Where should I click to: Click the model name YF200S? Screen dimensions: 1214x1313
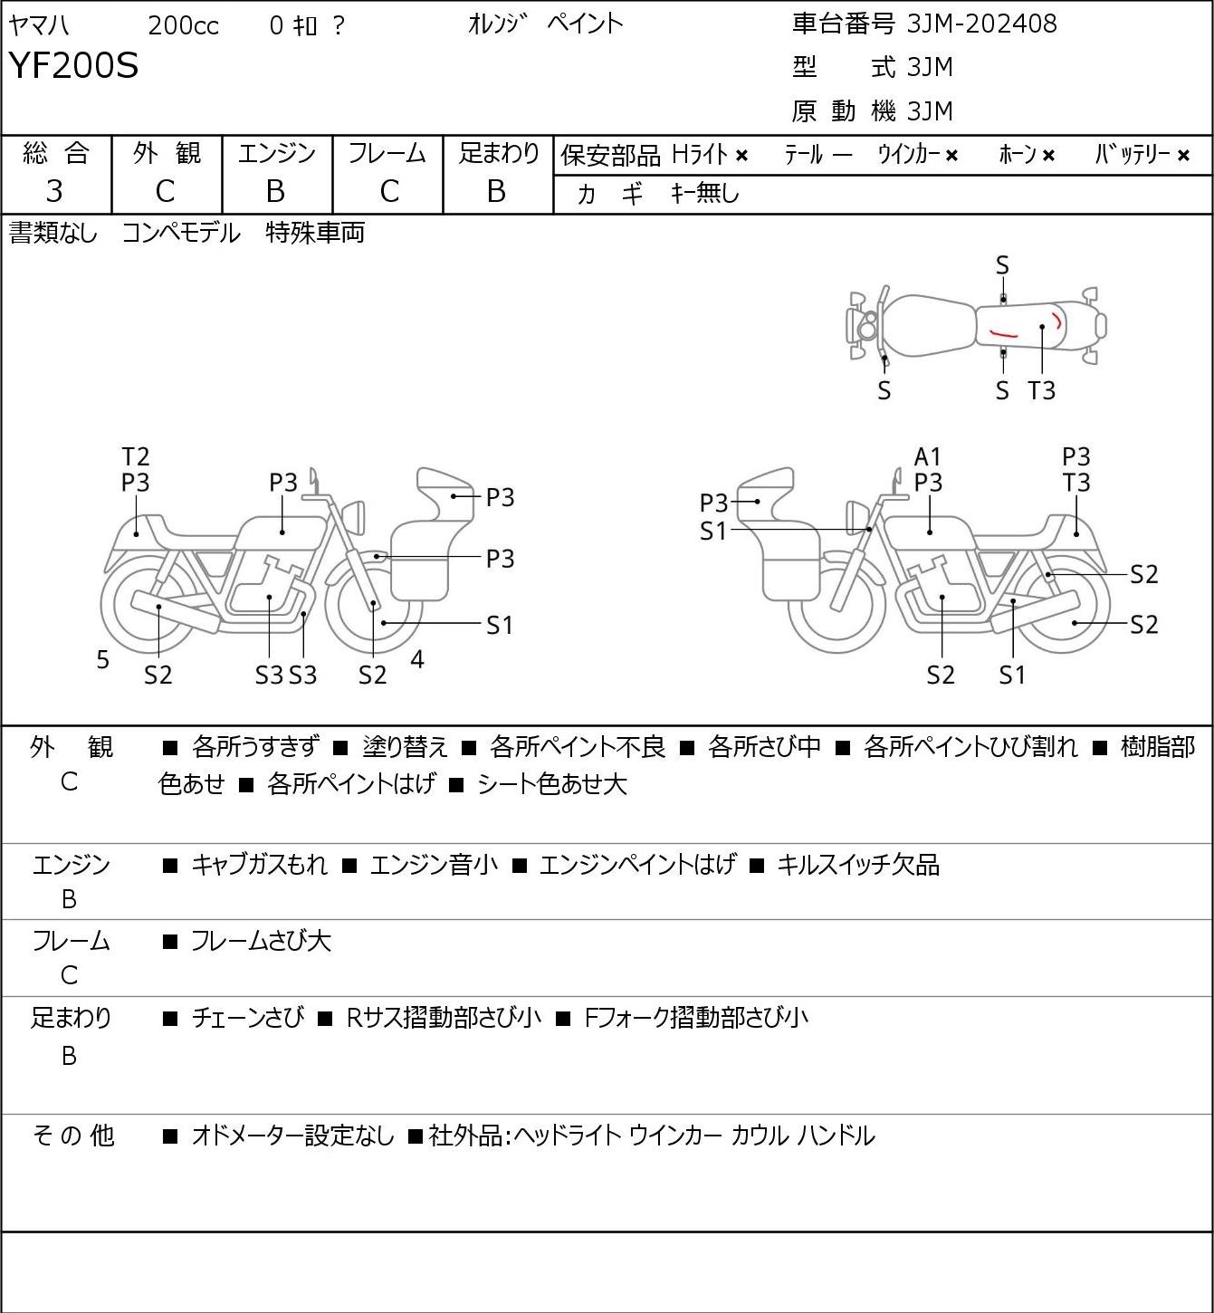pyautogui.click(x=73, y=65)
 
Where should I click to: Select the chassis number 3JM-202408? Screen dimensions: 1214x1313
pyautogui.click(x=981, y=24)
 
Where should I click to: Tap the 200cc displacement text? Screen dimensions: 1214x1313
pyautogui.click(x=183, y=25)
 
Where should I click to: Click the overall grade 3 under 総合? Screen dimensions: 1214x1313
pyautogui.click(x=54, y=192)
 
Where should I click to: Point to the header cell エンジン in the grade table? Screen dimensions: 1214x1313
pyautogui.click(x=276, y=153)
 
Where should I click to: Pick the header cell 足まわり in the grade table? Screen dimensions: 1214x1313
pyautogui.click(x=499, y=153)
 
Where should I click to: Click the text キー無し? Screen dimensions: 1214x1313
pyautogui.click(x=705, y=193)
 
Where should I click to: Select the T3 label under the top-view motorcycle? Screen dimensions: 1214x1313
pyautogui.click(x=1041, y=390)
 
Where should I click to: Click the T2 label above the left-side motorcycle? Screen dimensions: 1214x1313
pyautogui.click(x=136, y=457)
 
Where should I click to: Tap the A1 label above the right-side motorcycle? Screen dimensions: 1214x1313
pyautogui.click(x=927, y=457)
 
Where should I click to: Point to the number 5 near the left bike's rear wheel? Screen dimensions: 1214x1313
pyautogui.click(x=102, y=659)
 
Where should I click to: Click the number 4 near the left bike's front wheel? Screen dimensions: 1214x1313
pyautogui.click(x=417, y=658)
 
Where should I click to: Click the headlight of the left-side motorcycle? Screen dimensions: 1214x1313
pyautogui.click(x=354, y=517)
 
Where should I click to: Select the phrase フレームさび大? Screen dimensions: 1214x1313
pyautogui.click(x=262, y=941)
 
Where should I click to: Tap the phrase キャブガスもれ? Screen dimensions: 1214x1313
pyautogui.click(x=259, y=865)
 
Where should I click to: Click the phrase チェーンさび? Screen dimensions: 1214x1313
pyautogui.click(x=248, y=1018)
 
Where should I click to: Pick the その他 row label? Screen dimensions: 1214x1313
pyautogui.click(x=72, y=1136)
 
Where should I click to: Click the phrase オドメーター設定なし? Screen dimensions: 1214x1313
pyautogui.click(x=293, y=1136)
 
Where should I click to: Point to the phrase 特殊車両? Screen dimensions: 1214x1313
pyautogui.click(x=315, y=233)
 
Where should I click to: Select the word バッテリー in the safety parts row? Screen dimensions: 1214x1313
pyautogui.click(x=1133, y=154)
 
